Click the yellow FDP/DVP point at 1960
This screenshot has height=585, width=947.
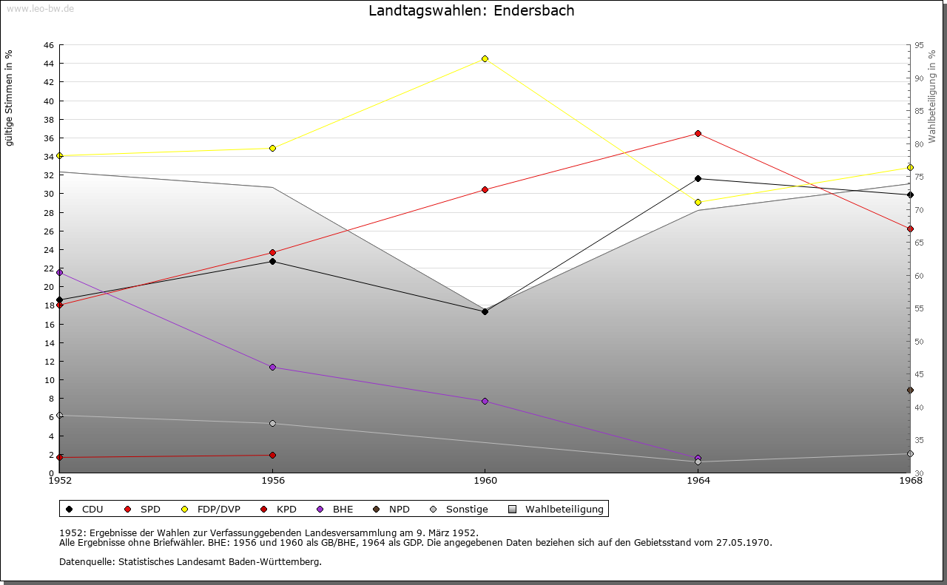[x=485, y=58]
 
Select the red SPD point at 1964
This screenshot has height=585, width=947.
[x=698, y=133]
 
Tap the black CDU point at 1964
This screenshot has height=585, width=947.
[x=698, y=178]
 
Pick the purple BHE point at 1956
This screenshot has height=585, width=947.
[x=272, y=367]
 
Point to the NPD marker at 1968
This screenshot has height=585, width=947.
[x=910, y=390]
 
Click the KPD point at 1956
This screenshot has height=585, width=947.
[x=272, y=455]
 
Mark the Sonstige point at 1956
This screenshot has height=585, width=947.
[x=272, y=423]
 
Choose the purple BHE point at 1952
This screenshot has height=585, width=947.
[x=60, y=272]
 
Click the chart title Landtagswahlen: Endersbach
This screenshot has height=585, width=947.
[x=471, y=10]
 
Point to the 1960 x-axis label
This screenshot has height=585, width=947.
[x=485, y=481]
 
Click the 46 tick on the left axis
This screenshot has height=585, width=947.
[x=48, y=45]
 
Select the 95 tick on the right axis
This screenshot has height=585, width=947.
[x=918, y=45]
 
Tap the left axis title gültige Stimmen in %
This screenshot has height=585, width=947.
[x=10, y=98]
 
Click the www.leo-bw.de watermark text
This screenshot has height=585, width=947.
[x=39, y=7]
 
